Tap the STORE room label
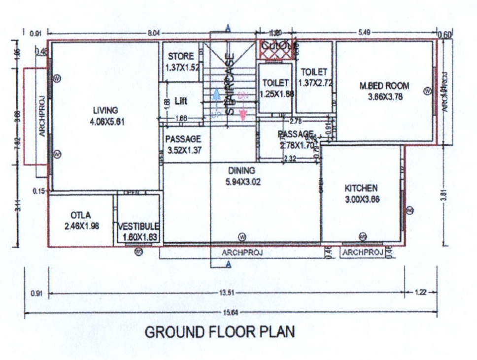coord(181,56)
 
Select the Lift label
coord(181,101)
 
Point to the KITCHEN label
coord(361,188)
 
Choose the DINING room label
coord(241,171)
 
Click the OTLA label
coord(80,215)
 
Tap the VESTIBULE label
coord(138,227)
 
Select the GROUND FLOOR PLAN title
coord(220,332)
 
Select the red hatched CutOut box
coord(275,46)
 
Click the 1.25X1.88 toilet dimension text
coord(275,94)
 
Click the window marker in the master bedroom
coord(427,91)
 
